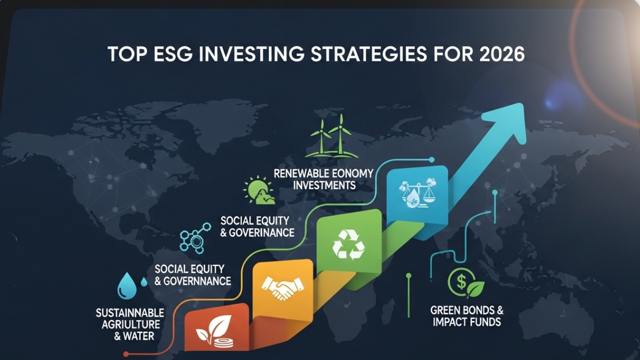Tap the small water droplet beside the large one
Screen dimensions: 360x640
[144, 282]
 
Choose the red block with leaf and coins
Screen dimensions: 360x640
[215, 331]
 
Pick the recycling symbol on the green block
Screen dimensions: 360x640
[349, 244]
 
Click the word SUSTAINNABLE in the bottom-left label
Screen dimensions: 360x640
[130, 313]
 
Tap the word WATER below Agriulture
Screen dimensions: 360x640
[140, 337]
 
